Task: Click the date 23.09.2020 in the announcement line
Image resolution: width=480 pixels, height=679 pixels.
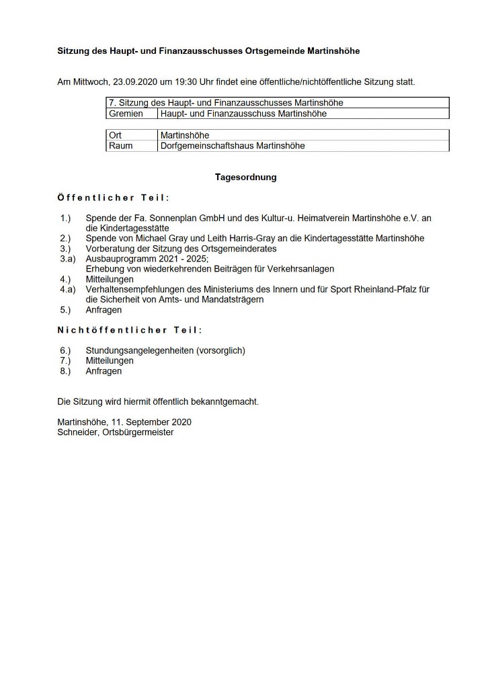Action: (x=134, y=82)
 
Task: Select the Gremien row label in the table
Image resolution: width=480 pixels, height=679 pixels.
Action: (x=126, y=114)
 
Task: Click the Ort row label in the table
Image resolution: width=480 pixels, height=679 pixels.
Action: (x=115, y=135)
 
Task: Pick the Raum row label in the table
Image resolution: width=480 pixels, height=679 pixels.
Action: (x=120, y=145)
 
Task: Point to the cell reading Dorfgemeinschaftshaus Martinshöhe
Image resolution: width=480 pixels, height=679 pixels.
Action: (x=233, y=145)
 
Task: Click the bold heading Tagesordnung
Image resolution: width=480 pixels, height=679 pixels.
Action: (x=245, y=177)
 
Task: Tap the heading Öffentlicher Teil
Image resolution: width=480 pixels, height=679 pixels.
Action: (x=114, y=198)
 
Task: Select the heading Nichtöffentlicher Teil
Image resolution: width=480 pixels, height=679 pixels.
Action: (x=130, y=330)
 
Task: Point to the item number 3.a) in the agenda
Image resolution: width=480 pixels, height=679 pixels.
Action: (x=68, y=259)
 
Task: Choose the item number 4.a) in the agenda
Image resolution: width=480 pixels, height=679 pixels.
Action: (x=68, y=289)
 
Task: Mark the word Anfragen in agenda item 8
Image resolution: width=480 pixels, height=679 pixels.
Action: (x=104, y=370)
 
